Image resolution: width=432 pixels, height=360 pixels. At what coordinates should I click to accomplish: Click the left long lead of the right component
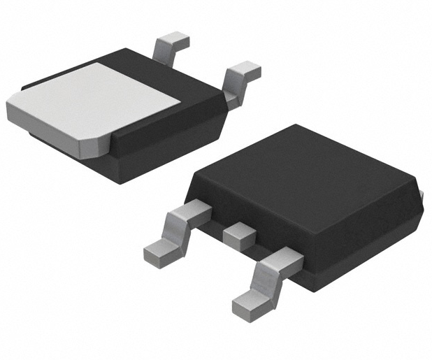click(178, 231)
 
